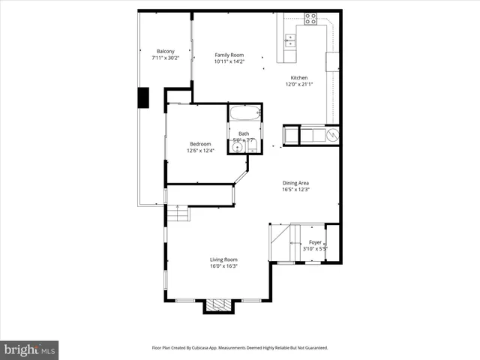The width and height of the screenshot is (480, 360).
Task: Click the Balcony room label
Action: pos(156,51)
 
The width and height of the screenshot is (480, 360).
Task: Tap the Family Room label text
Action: pos(229,55)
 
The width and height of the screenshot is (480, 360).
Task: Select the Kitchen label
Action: pos(299,78)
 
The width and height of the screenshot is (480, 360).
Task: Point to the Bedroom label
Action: pos(200,144)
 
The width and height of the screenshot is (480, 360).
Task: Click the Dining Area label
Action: pos(295,183)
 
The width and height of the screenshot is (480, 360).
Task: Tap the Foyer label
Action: pos(316,242)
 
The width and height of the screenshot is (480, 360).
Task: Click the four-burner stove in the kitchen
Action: pos(310,19)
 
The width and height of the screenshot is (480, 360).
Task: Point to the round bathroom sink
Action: pos(238,148)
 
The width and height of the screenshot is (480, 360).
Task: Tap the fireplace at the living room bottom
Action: pos(219,304)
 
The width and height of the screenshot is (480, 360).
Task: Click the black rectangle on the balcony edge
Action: pos(142,98)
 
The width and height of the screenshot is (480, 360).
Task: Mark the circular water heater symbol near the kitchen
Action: pos(333,135)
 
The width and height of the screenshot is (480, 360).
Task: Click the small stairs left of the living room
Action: pos(178,214)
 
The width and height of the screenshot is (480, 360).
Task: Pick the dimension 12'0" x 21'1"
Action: pos(299,85)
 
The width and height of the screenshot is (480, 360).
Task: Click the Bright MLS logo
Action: pos(30,349)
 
